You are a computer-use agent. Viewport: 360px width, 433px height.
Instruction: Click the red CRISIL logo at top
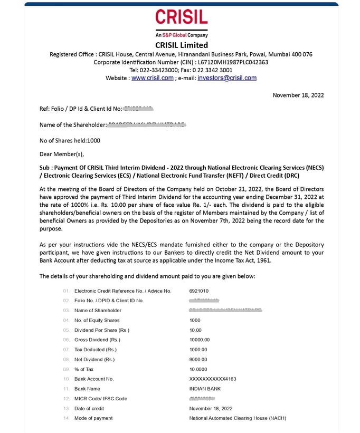tap(181, 18)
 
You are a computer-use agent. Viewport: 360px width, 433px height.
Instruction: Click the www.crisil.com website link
tap(152, 78)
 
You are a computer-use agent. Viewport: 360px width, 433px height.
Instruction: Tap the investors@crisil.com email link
tap(227, 78)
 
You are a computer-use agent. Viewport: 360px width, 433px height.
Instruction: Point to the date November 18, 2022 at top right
tap(298, 95)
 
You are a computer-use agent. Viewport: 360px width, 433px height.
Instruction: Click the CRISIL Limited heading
tap(182, 45)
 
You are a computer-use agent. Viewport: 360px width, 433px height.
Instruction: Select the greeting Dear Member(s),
tap(62, 155)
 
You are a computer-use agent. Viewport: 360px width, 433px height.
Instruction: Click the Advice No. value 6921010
tap(199, 291)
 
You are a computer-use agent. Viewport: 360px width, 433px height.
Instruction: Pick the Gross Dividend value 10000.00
tap(200, 340)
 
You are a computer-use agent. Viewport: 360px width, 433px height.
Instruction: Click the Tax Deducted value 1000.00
tap(198, 350)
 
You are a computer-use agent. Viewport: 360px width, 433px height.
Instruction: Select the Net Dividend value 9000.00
tap(198, 359)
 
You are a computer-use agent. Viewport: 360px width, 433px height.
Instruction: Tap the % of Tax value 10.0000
tap(198, 369)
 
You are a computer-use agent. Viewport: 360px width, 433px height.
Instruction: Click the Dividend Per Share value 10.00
tap(195, 330)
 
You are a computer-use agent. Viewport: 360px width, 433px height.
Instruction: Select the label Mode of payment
tap(93, 418)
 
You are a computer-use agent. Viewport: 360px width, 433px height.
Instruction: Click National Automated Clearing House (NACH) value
tap(238, 418)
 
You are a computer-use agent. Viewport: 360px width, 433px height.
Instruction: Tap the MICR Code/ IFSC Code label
tap(101, 399)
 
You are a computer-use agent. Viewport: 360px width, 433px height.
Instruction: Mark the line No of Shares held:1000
tap(70, 141)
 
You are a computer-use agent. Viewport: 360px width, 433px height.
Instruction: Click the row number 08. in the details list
tap(66, 359)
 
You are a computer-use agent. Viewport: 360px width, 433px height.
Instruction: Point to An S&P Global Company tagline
tap(181, 35)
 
